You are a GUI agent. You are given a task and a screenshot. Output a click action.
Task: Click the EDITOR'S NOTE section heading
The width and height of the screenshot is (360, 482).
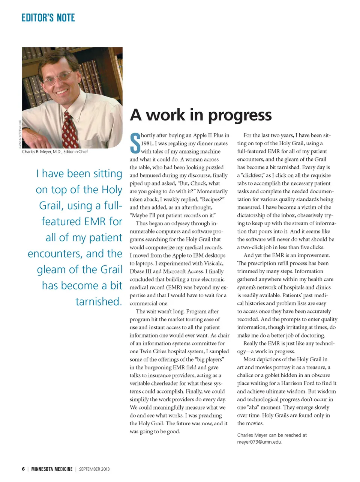(48, 18)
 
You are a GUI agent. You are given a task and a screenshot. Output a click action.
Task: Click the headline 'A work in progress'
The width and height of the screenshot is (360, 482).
(201, 115)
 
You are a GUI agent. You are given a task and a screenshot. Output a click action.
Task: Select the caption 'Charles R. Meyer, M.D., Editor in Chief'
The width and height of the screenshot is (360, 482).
(55, 152)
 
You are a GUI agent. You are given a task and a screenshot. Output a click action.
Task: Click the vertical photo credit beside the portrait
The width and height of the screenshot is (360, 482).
(20, 134)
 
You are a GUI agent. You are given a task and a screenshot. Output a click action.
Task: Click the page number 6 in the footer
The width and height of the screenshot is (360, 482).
(23, 469)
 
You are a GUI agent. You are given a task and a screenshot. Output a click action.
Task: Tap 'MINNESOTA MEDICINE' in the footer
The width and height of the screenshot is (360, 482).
(52, 469)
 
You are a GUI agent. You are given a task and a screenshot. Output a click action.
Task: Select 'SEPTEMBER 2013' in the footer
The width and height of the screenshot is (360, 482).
(94, 469)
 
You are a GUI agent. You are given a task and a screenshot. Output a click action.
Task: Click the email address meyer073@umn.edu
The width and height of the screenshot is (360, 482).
(259, 442)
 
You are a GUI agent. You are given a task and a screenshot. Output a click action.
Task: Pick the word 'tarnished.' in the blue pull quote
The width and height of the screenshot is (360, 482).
(99, 301)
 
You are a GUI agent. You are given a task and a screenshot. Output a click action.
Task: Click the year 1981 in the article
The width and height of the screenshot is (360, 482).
(147, 143)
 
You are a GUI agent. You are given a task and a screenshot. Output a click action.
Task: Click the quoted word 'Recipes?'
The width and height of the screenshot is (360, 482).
(211, 199)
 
